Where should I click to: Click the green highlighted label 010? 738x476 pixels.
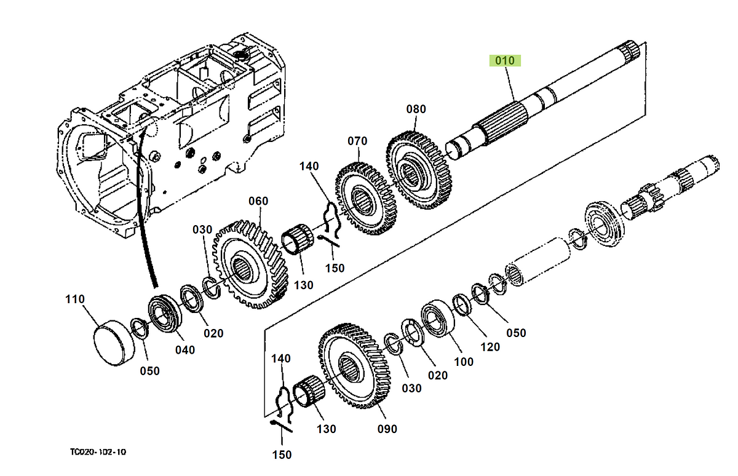[505, 60]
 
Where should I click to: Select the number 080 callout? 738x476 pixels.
[416, 109]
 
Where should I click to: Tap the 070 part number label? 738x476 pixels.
[357, 141]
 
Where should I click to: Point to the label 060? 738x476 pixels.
[258, 201]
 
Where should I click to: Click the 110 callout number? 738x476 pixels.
[75, 299]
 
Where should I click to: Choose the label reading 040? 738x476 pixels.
[184, 350]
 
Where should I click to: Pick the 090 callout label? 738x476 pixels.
[387, 429]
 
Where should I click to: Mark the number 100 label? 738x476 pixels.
[464, 362]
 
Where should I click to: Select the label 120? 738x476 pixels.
[490, 347]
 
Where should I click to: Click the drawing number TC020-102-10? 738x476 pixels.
[98, 452]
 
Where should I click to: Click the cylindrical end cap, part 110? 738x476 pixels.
[112, 341]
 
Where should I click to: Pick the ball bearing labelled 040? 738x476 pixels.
[164, 315]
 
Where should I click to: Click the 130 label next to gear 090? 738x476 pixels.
[326, 429]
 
